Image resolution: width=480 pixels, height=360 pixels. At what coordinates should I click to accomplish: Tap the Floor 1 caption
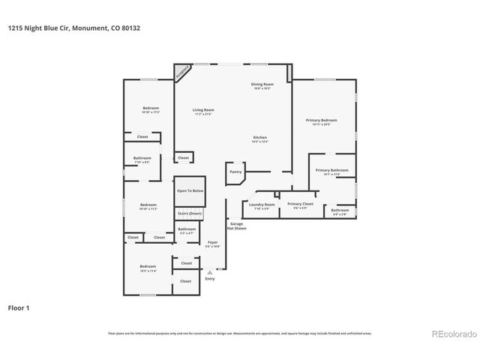coord(19,307)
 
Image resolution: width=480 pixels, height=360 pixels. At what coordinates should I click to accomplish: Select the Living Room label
coord(203,111)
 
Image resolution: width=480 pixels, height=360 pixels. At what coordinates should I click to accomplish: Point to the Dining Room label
coord(262,85)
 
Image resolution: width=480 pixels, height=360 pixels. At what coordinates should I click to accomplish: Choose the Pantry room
coord(234,172)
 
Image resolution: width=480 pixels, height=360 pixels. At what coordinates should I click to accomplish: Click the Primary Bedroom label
coord(321,121)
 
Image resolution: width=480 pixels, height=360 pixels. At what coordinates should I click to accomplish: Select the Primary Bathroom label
coord(331,172)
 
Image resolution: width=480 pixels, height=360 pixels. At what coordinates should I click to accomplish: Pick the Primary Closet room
coord(299,205)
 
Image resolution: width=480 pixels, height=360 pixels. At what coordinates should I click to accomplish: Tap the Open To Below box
coord(190,191)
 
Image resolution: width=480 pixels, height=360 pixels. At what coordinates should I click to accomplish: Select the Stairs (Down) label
coord(189,214)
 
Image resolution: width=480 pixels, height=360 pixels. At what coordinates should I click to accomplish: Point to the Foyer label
coord(213,243)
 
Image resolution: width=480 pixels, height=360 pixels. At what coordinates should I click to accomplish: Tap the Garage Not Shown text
coord(237,226)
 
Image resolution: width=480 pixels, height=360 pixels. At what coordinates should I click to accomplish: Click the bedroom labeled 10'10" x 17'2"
coord(151,110)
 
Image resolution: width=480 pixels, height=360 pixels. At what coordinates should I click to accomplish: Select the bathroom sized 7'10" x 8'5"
coord(142,159)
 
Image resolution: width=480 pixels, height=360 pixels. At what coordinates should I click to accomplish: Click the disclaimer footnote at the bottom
coord(239,333)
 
